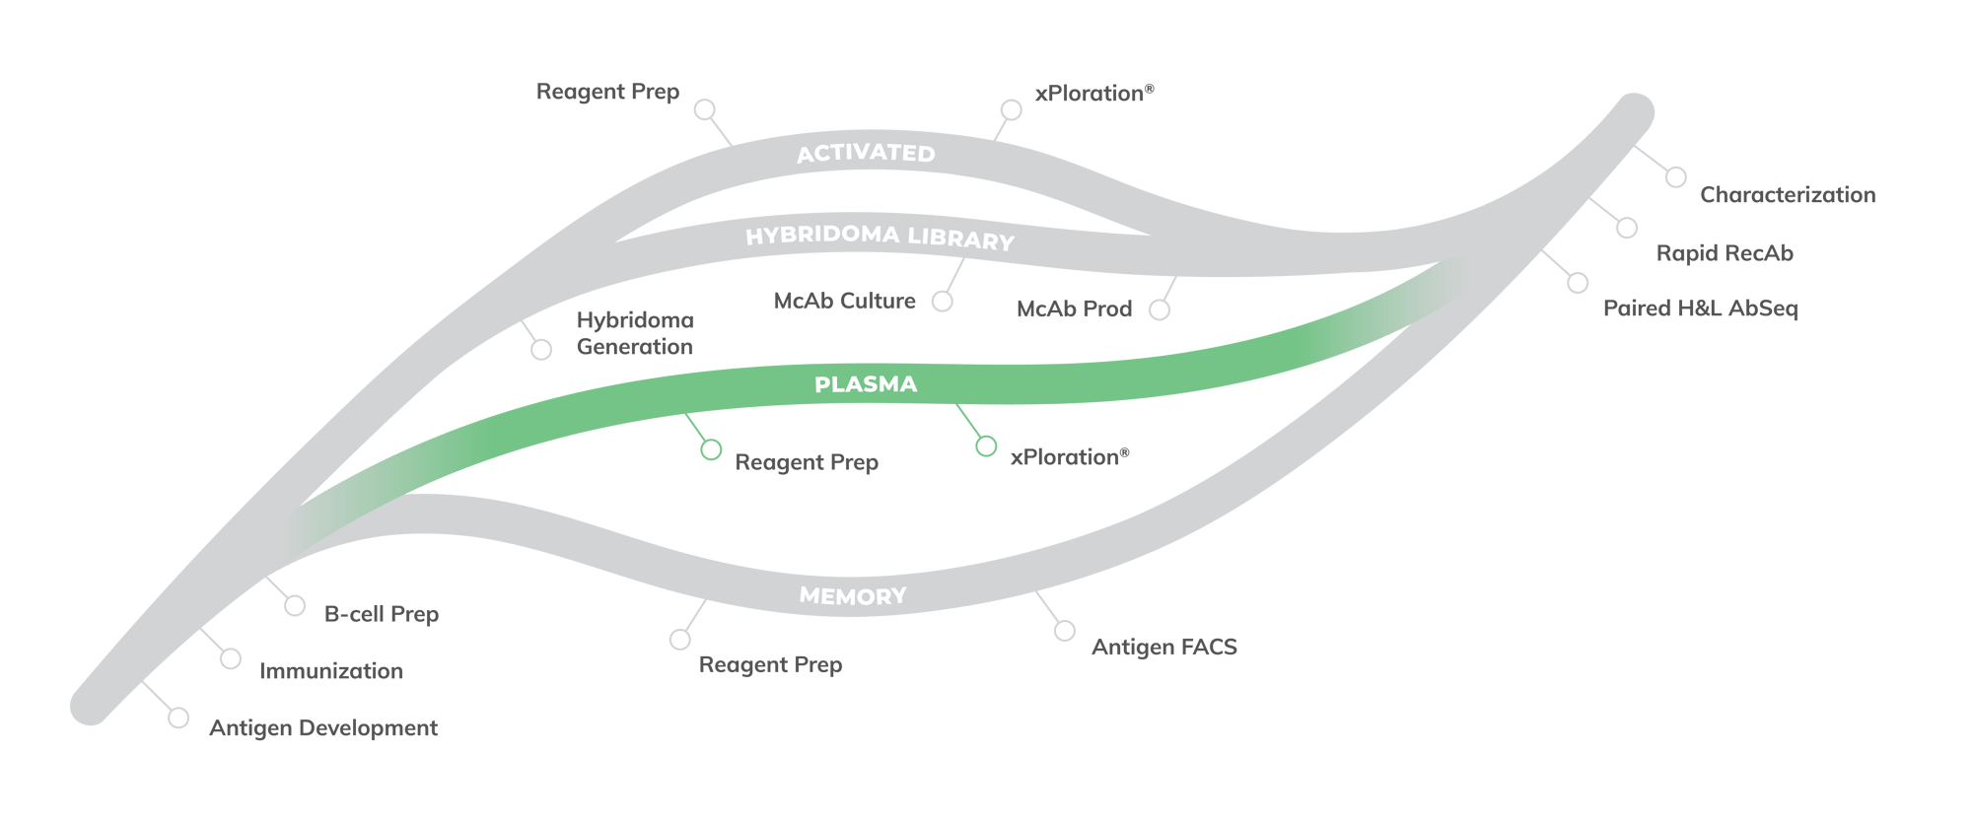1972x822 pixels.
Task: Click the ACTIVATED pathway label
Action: point(866,153)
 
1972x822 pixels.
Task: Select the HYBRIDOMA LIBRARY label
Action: point(880,237)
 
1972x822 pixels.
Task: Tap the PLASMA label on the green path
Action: point(866,384)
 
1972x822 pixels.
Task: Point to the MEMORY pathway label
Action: point(853,595)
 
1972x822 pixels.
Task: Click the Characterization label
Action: point(1787,195)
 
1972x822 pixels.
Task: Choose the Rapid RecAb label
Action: point(1725,253)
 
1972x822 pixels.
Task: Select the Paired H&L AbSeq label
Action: point(1700,308)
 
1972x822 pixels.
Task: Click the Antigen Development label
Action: point(323,728)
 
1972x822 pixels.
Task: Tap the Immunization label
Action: point(331,671)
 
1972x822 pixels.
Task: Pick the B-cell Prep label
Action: point(382,614)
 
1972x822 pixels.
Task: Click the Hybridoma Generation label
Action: point(635,333)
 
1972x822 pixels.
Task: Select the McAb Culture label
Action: point(845,301)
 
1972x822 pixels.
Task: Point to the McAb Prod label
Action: point(1074,308)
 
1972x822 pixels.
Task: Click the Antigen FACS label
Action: point(1163,648)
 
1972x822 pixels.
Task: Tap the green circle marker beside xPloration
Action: point(986,446)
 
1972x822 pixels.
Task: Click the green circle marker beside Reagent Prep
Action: point(711,450)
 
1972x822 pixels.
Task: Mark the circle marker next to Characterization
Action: point(1675,177)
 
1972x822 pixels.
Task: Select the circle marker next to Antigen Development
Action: point(178,718)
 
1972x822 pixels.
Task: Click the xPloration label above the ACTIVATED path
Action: point(1093,93)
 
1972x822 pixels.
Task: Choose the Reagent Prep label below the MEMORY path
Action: point(770,665)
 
